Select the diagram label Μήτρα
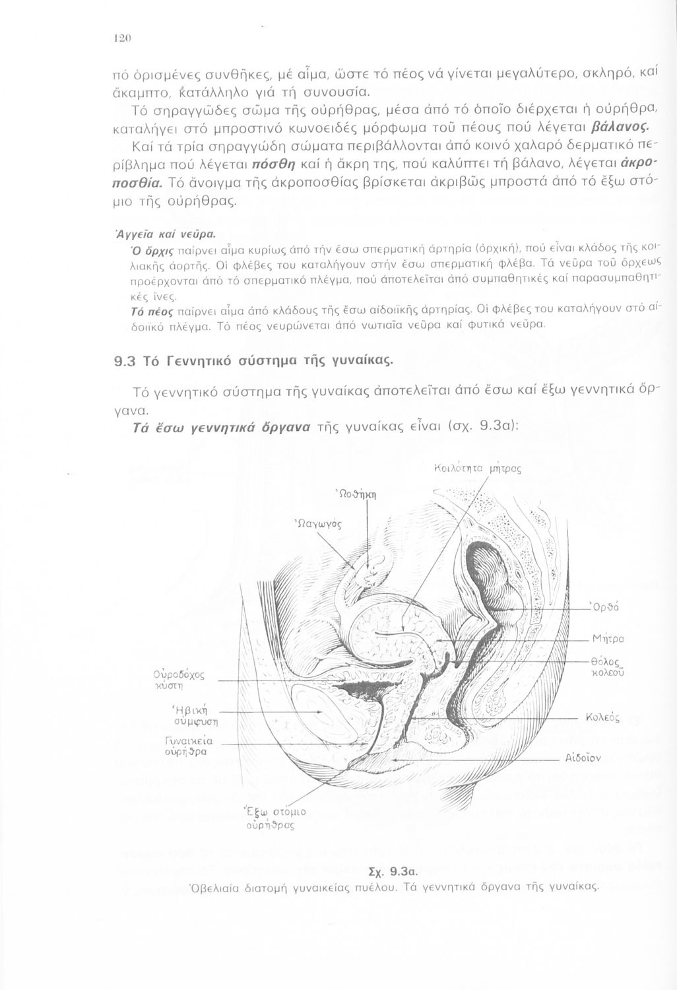click(608, 638)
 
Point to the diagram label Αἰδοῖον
click(583, 758)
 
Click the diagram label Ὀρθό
click(607, 607)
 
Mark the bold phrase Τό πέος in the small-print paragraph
click(152, 310)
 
